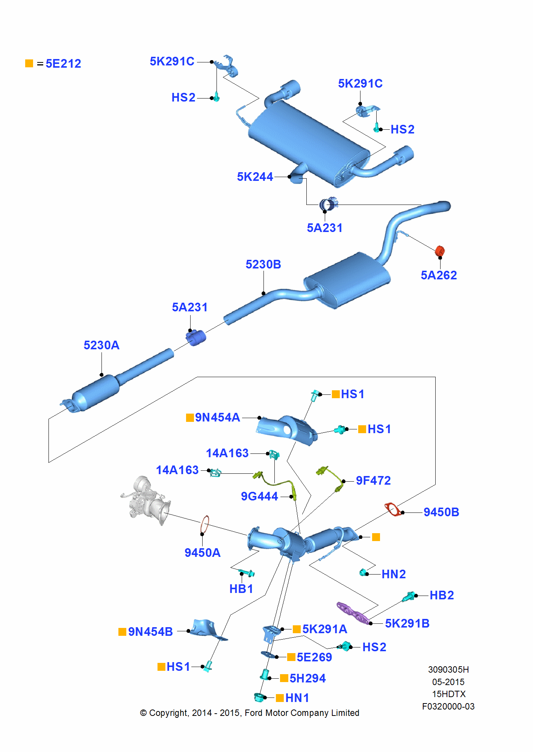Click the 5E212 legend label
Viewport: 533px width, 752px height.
click(63, 64)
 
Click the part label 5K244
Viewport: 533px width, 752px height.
click(255, 177)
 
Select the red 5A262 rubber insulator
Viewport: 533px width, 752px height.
click(440, 251)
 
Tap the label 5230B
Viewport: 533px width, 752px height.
click(263, 264)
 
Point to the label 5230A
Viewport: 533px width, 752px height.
click(101, 345)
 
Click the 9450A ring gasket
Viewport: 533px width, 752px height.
click(204, 525)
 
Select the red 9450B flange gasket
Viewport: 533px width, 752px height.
click(392, 509)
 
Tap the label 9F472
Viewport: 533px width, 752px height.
click(373, 481)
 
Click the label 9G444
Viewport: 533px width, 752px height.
click(259, 496)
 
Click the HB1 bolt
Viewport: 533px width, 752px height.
click(247, 573)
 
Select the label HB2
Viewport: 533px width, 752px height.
click(442, 595)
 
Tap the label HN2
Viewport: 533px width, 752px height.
click(394, 574)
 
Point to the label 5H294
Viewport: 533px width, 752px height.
click(307, 678)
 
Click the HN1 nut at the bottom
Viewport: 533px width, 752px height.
click(259, 697)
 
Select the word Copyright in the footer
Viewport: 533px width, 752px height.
click(168, 713)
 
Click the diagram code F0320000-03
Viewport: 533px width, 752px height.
click(448, 707)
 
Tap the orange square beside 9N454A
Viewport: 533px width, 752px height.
click(190, 418)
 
